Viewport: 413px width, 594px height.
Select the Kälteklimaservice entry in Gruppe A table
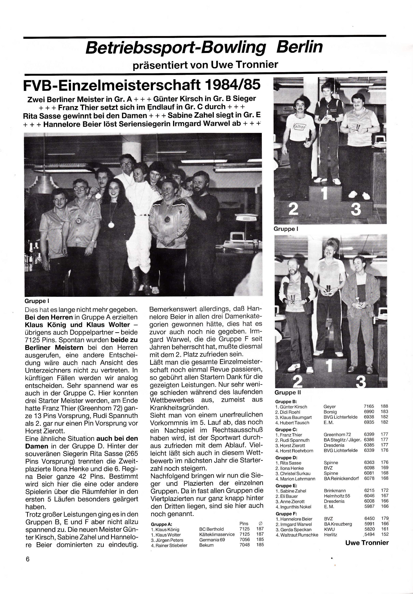tap(217, 534)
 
